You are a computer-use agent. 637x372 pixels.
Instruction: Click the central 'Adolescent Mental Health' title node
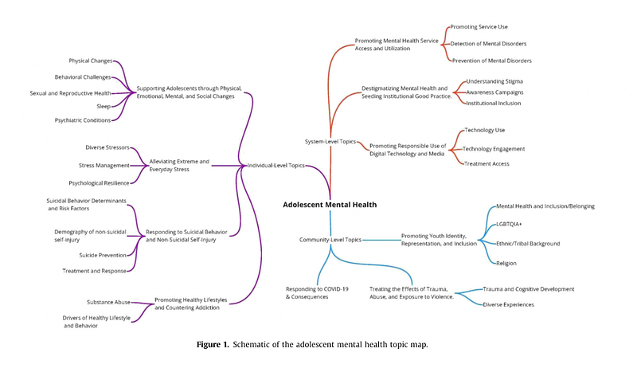click(x=330, y=205)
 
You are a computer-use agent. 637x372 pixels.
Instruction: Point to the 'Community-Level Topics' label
click(x=330, y=239)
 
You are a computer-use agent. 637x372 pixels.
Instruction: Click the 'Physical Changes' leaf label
click(x=91, y=61)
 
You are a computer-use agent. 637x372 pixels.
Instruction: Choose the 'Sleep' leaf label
click(x=104, y=104)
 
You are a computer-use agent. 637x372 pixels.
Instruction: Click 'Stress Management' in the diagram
click(x=104, y=166)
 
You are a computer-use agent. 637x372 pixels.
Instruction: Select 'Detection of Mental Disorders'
click(x=488, y=43)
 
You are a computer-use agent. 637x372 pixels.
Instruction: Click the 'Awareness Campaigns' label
click(x=494, y=92)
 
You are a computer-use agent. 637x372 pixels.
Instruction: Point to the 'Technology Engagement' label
click(x=493, y=148)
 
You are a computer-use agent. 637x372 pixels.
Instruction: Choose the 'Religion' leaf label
click(x=506, y=263)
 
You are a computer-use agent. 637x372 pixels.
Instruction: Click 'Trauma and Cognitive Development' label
click(x=528, y=289)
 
